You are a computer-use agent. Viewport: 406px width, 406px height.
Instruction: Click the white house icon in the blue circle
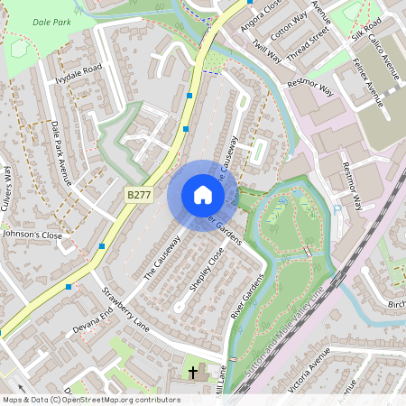pyautogui.click(x=203, y=194)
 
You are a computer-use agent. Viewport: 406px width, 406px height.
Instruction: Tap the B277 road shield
pyautogui.click(x=138, y=194)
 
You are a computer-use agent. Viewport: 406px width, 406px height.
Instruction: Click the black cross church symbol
pyautogui.click(x=192, y=373)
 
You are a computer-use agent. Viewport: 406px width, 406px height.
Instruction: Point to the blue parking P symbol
pyautogui.click(x=337, y=210)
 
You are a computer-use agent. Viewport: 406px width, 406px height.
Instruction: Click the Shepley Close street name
pyautogui.click(x=206, y=269)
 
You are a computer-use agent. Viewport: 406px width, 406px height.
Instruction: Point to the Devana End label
pyautogui.click(x=93, y=318)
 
